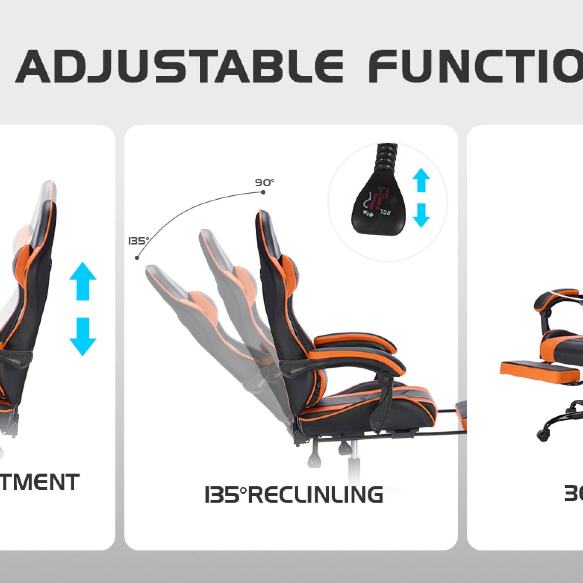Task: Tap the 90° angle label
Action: click(265, 182)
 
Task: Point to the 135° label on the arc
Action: click(138, 241)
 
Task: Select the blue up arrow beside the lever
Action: click(421, 180)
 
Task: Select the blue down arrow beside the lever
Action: click(421, 215)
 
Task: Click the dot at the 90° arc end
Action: click(263, 192)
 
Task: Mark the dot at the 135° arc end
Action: click(137, 258)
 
